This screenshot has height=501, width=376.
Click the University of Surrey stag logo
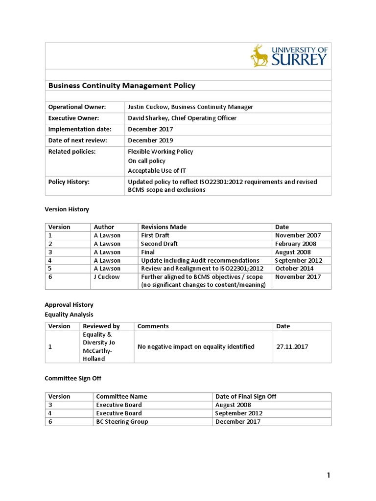(260, 55)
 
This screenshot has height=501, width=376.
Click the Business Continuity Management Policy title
(121, 86)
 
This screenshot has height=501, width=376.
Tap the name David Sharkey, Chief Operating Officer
(182, 118)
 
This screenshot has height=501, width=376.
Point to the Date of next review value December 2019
(150, 140)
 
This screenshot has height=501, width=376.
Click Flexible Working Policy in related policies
(161, 152)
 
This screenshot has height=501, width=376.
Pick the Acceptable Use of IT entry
(157, 171)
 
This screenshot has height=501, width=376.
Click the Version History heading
(67, 209)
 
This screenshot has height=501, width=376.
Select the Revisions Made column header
(164, 227)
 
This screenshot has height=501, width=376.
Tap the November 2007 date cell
(298, 235)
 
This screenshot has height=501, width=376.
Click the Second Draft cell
(159, 244)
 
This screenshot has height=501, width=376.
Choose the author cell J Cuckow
(107, 277)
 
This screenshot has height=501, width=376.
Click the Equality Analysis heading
(69, 315)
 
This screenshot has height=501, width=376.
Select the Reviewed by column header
(101, 326)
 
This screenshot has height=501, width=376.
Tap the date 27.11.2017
(292, 347)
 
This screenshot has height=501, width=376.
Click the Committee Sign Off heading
(73, 378)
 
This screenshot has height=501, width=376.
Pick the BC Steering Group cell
(122, 422)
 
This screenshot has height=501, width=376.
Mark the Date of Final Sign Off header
(246, 397)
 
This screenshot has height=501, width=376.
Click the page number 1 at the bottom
(329, 476)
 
